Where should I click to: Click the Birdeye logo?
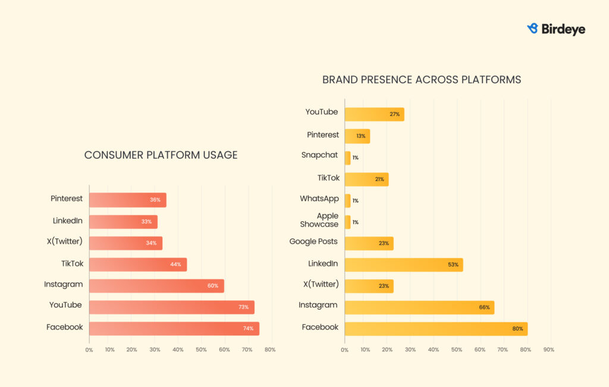556,29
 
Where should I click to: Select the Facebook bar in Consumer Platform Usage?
174,329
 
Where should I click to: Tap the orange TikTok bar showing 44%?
137,265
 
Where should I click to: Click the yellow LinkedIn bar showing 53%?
403,265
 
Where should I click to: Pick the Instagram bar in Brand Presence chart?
419,307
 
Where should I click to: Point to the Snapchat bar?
348,158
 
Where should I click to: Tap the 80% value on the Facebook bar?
517,329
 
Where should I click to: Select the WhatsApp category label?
319,199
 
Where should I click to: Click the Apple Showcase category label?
319,220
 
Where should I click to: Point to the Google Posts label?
313,241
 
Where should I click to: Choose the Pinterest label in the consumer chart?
67,199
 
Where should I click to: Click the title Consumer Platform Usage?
161,155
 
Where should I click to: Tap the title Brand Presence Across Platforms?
422,80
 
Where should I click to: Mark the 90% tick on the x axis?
548,350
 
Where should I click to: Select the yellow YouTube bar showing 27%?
374,114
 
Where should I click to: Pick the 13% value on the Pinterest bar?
361,136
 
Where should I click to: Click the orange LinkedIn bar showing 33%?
123,222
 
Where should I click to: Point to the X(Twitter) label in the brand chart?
321,284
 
